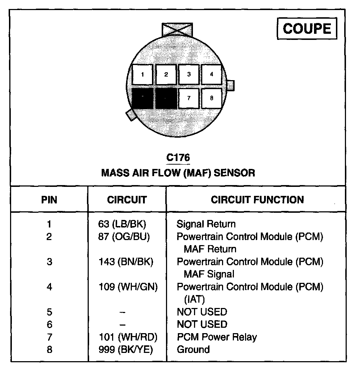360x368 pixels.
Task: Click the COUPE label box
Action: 307,29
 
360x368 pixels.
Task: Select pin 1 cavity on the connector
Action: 143,75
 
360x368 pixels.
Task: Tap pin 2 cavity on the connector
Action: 166,75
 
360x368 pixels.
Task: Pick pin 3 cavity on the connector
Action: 189,75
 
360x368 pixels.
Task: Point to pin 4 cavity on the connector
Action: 211,75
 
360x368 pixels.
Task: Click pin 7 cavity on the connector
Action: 189,98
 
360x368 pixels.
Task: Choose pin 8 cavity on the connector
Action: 211,98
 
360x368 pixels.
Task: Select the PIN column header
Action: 49,200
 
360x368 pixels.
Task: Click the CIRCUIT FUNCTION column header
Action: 257,200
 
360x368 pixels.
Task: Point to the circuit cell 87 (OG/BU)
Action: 124,237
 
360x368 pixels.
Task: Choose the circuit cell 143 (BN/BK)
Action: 126,262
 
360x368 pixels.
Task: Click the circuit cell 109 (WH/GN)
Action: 128,287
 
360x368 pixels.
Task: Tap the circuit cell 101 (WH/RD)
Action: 128,337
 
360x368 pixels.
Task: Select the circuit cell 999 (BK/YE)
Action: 126,349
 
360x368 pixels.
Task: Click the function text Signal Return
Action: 206,224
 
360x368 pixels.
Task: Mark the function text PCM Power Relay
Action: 217,337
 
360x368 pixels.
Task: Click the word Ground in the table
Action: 193,349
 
